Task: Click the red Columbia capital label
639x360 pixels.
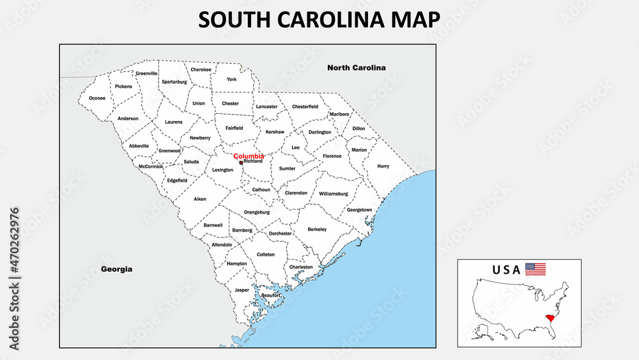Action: coord(249,156)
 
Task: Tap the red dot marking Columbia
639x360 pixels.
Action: coord(241,162)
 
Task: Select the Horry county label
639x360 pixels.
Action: coord(383,166)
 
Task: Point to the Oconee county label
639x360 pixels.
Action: coord(97,98)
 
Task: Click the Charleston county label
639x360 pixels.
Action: coord(301,267)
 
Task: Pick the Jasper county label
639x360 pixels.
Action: coord(242,290)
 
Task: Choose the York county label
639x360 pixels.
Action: coord(231,79)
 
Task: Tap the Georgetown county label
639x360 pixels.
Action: coord(359,210)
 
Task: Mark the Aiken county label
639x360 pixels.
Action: coord(200,199)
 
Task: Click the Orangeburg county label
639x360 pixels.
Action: coord(257,212)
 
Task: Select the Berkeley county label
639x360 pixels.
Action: coord(317,229)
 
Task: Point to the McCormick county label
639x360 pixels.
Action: coord(151,167)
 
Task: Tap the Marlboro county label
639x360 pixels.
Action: coord(339,114)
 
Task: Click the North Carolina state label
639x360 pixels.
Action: coord(356,67)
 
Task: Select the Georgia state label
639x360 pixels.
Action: coord(116,269)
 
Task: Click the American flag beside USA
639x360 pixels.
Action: coord(535,269)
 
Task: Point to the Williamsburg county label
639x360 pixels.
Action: coord(333,193)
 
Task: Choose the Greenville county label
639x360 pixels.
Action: coord(146,74)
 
